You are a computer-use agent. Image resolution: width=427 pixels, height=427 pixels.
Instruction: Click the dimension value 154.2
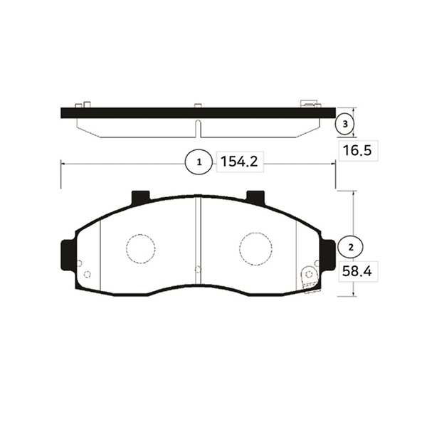tap(239, 162)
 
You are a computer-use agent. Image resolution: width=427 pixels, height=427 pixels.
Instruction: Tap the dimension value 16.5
tap(357, 150)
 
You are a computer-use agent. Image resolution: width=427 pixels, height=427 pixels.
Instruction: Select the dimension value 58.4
tap(357, 271)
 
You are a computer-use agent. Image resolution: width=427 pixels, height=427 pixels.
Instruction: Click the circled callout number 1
tap(199, 162)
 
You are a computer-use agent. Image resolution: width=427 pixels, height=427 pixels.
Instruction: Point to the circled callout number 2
tap(350, 247)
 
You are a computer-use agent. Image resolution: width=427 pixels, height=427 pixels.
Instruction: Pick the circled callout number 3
tap(345, 124)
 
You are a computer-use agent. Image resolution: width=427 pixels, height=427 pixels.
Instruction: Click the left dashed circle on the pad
tap(140, 248)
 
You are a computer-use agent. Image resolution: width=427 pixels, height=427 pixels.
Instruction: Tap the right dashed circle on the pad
tap(255, 249)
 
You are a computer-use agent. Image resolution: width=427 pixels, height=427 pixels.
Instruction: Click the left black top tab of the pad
tap(140, 197)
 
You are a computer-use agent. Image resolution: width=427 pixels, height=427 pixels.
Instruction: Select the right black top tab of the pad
tap(255, 197)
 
